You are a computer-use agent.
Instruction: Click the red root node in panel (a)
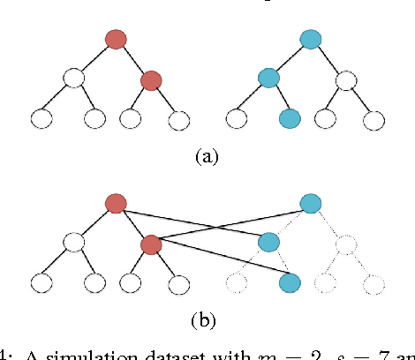pos(116,39)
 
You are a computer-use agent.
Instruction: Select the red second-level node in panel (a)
pos(151,80)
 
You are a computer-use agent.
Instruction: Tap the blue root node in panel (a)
pos(310,39)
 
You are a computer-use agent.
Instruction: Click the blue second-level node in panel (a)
pos(268,79)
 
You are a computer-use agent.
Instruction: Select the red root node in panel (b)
pos(116,204)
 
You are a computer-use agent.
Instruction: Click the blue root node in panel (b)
pos(310,203)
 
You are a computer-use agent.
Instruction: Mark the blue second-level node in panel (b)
pos(269,243)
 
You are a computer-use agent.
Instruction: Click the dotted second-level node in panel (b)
pos(347,243)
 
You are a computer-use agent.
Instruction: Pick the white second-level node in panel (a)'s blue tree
pos(347,79)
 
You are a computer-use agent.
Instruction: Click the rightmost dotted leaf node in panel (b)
pos(375,283)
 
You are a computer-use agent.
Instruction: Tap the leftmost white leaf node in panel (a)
pos(41,118)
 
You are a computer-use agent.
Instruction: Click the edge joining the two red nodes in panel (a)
pos(133,59)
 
